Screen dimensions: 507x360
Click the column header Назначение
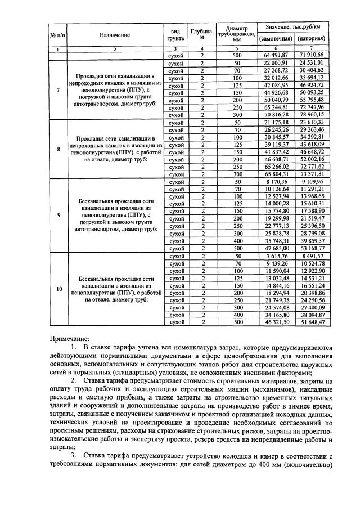click(115, 35)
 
